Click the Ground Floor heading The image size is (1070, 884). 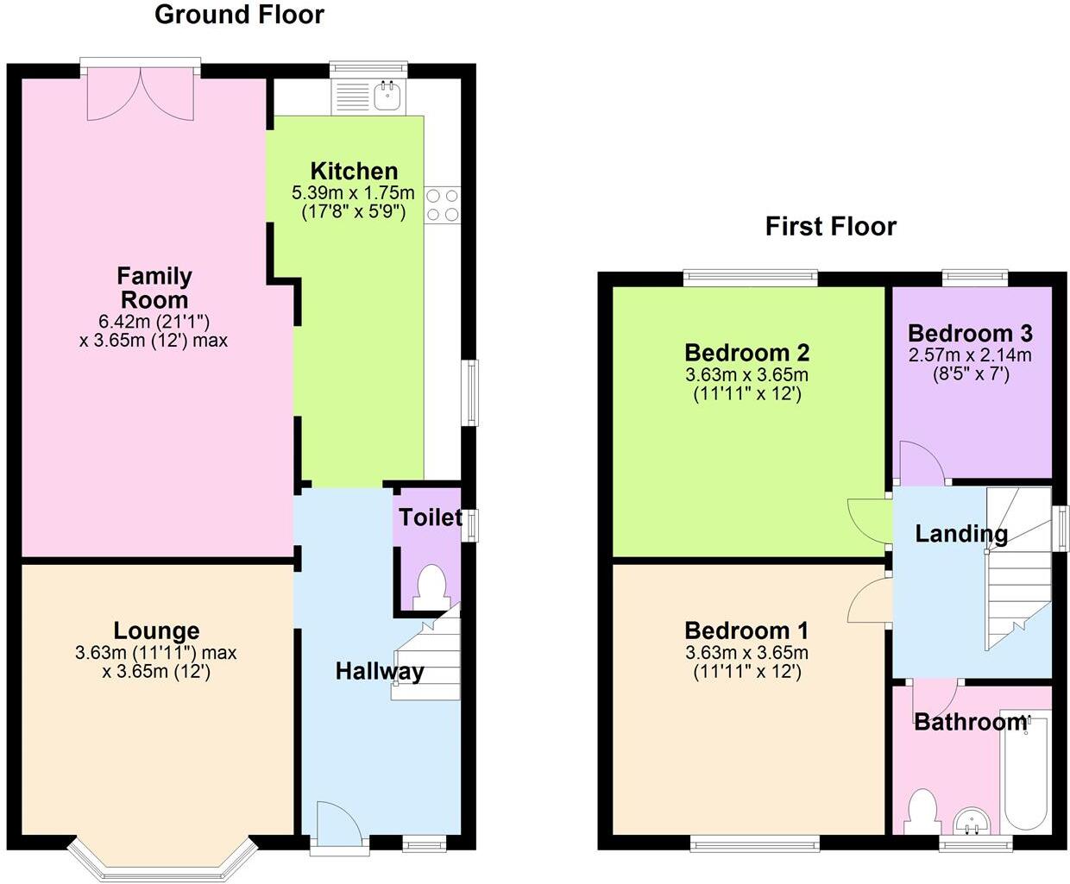(239, 15)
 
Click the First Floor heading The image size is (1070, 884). (830, 227)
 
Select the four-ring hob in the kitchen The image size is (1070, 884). (442, 205)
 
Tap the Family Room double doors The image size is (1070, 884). (142, 92)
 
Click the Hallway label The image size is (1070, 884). (380, 671)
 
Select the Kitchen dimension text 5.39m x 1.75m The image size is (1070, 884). (353, 191)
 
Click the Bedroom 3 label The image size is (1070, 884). (970, 333)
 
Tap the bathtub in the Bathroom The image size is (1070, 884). (1026, 772)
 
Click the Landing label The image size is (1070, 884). (960, 534)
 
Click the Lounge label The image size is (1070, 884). (156, 630)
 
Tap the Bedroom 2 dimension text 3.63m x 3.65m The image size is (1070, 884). (746, 375)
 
